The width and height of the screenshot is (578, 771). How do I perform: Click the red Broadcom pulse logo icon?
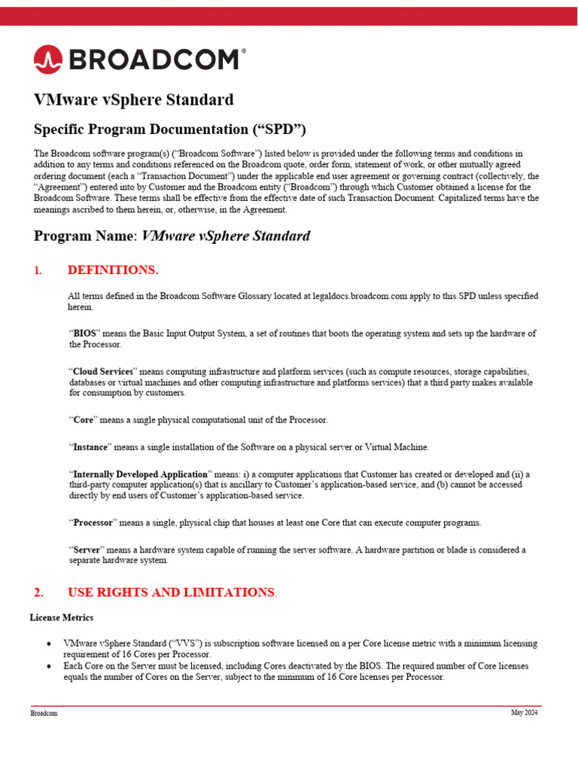[x=47, y=59]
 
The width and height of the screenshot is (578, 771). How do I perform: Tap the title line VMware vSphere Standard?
[x=134, y=99]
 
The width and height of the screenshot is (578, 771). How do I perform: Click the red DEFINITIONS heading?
[x=113, y=270]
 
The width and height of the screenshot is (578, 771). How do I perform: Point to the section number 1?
[x=38, y=270]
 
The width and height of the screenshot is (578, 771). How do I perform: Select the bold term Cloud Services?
[x=103, y=372]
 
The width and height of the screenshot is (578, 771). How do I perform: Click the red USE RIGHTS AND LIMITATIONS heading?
[x=171, y=592]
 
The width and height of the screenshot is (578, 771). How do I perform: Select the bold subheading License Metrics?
[x=62, y=617]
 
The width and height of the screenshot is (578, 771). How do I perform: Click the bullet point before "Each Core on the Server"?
[x=49, y=666]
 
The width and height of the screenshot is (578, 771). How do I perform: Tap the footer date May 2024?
[x=524, y=713]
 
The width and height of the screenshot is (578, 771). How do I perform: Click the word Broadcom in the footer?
[x=44, y=713]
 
